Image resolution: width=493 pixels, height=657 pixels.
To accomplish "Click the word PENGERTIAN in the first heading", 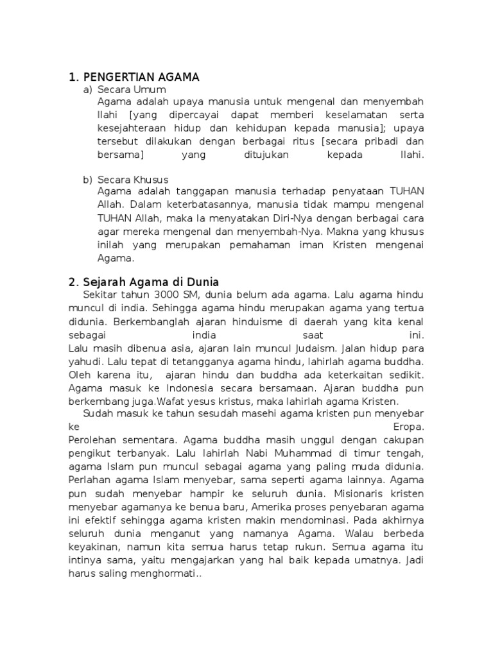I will pyautogui.click(x=118, y=78).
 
